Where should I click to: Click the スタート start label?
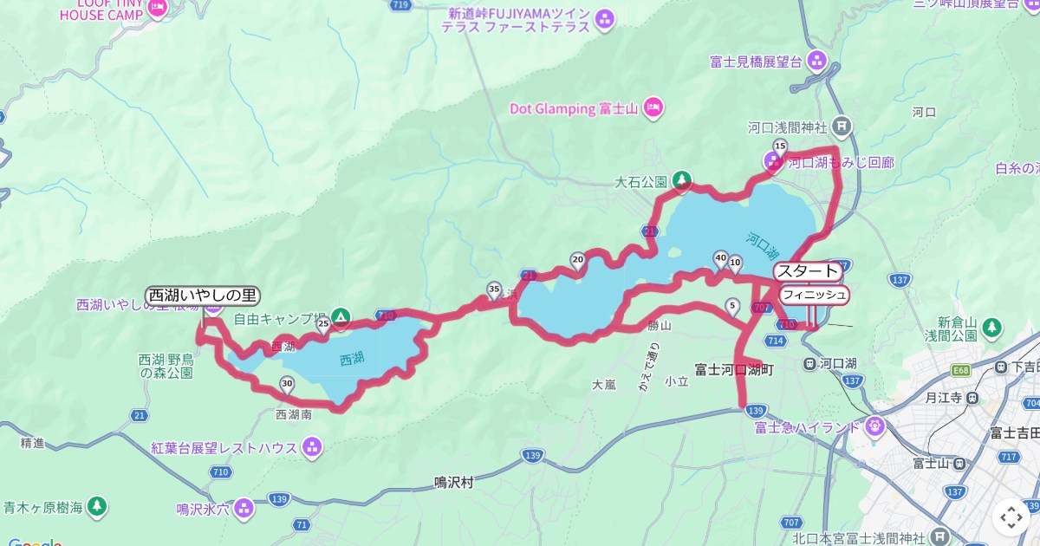point(808,271)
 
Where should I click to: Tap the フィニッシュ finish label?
point(813,295)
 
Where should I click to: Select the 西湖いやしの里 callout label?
point(204,296)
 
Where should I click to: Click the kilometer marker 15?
point(779,146)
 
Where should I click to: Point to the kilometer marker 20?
point(578,259)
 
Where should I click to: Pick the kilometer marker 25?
point(323,325)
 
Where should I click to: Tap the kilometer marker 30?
point(287,382)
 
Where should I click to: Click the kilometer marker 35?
point(494,289)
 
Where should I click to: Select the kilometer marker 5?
point(732,305)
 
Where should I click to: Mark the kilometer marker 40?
point(719,257)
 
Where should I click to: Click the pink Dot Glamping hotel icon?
point(653,107)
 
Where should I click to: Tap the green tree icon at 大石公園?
point(682,180)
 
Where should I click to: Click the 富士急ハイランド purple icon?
point(874,426)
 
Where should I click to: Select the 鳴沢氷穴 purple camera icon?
point(244,508)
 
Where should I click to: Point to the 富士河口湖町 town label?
point(734,369)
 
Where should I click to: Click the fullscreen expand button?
point(1011,517)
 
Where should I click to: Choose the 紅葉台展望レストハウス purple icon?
point(312,447)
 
